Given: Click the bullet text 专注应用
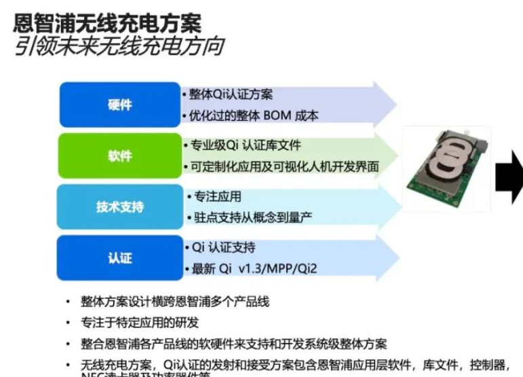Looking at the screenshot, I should click(x=218, y=197).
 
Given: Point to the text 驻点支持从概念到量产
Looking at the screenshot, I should click(x=253, y=217).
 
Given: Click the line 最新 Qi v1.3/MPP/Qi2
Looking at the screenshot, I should click(x=254, y=269).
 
